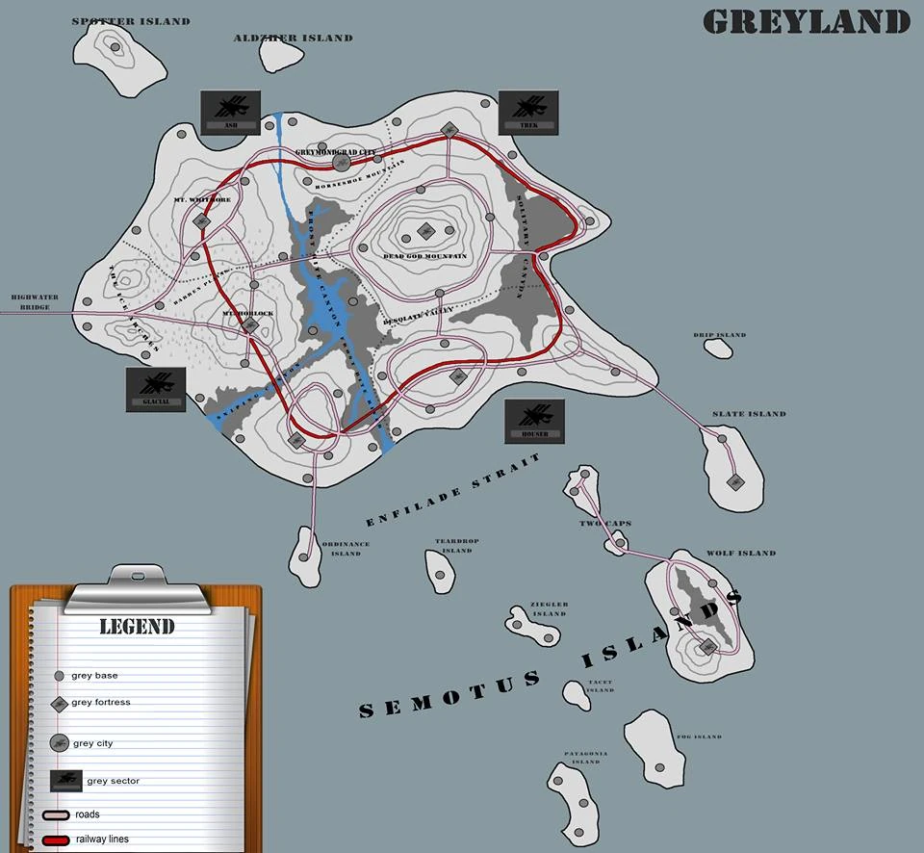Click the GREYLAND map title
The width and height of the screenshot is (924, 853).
click(807, 21)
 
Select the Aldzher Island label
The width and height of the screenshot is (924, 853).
click(293, 39)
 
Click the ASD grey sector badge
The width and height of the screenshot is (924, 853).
click(230, 112)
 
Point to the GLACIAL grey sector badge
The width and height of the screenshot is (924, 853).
click(156, 389)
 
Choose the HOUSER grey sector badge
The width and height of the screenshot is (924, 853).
click(535, 421)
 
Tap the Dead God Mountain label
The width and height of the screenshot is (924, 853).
click(424, 256)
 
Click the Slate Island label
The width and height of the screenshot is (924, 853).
click(749, 414)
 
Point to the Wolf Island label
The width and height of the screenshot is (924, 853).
click(741, 554)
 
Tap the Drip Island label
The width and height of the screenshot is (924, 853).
click(720, 336)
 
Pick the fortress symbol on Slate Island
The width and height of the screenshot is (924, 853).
click(736, 481)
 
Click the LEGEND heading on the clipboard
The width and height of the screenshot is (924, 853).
click(137, 627)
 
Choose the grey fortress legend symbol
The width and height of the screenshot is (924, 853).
click(59, 704)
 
